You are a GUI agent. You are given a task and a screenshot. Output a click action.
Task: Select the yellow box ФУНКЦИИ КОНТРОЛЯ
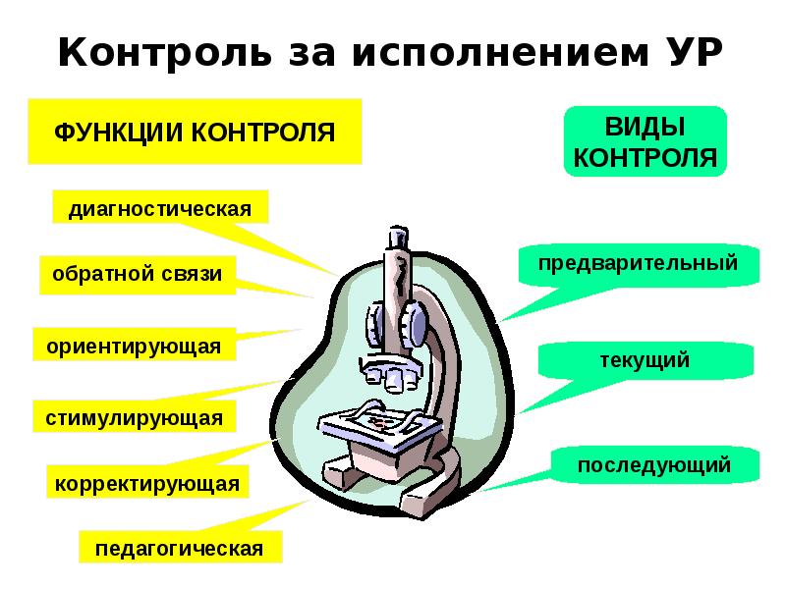coord(194,131)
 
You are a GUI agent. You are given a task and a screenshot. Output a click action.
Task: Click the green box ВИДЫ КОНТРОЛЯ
coord(645,142)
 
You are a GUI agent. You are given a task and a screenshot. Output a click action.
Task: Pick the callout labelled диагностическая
coord(159,209)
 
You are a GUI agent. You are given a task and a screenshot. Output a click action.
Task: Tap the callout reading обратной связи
coord(138,275)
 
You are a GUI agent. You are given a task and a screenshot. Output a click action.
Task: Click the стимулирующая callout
coord(134,417)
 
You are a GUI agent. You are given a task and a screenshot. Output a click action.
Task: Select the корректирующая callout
coord(146,483)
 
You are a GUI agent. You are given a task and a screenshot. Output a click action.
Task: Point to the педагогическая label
coord(179,547)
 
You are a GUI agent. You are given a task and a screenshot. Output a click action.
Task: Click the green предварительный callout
coord(639,264)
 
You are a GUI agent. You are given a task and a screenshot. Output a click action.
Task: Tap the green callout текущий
coord(645,360)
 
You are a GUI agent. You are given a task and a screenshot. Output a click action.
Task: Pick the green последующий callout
coord(654,464)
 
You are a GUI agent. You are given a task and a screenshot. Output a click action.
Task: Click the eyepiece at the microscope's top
coord(397,238)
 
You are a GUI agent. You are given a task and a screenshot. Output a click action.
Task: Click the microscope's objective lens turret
coord(388,371)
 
